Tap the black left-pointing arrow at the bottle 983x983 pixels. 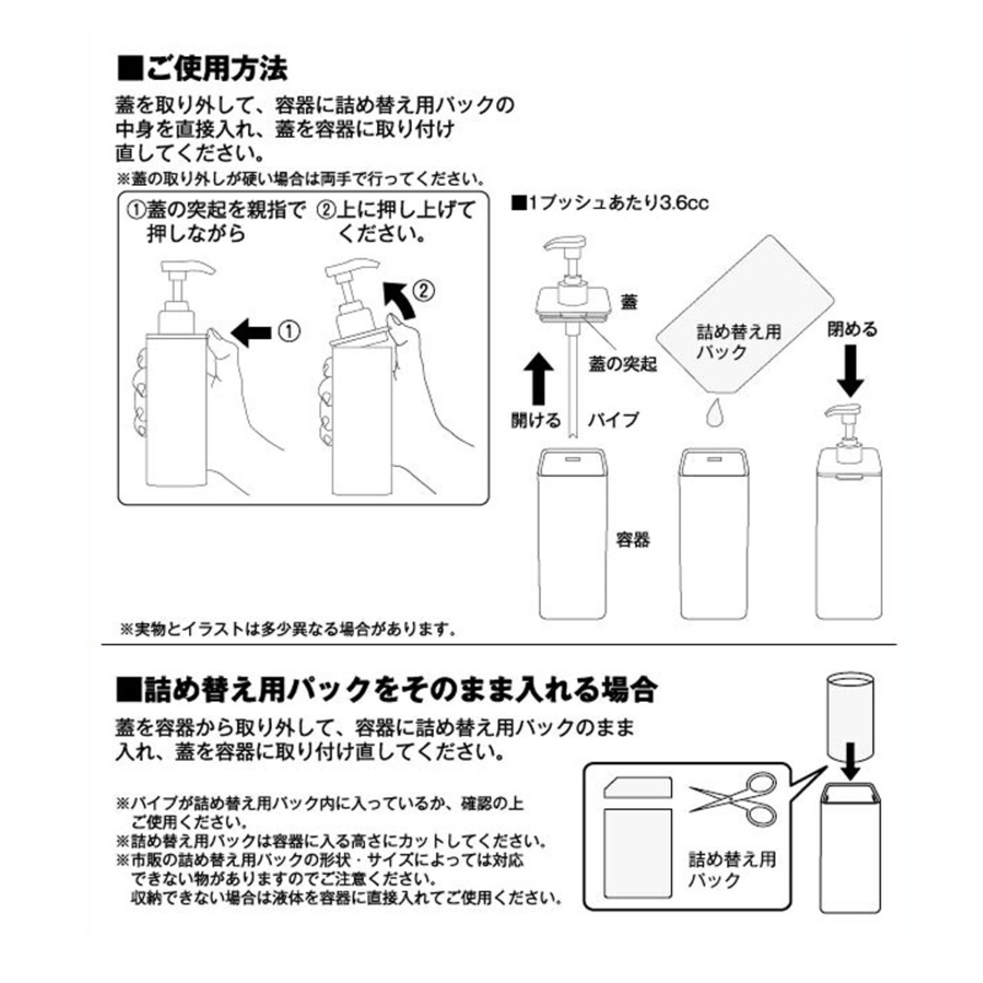[x=251, y=333]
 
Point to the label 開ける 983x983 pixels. [x=536, y=420]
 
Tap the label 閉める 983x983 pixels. [x=852, y=329]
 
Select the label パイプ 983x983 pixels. [x=613, y=420]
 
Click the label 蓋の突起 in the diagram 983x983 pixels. [x=622, y=363]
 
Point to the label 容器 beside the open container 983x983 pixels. [x=633, y=540]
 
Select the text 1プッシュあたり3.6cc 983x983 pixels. [x=610, y=204]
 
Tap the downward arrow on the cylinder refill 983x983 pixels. [x=849, y=760]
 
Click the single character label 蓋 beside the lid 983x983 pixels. [x=629, y=302]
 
